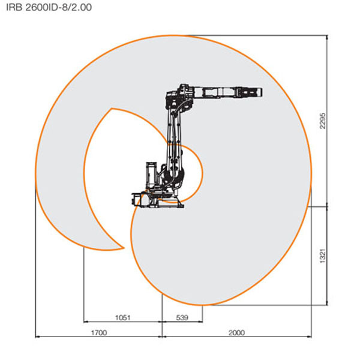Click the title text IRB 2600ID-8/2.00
[x=49, y=7]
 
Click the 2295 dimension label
[x=323, y=121]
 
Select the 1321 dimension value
[x=323, y=256]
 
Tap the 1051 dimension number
[x=122, y=318]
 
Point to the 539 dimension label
[x=182, y=318]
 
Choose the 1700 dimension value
[x=99, y=332]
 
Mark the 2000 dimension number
[x=236, y=332]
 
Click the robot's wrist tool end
[x=257, y=92]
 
